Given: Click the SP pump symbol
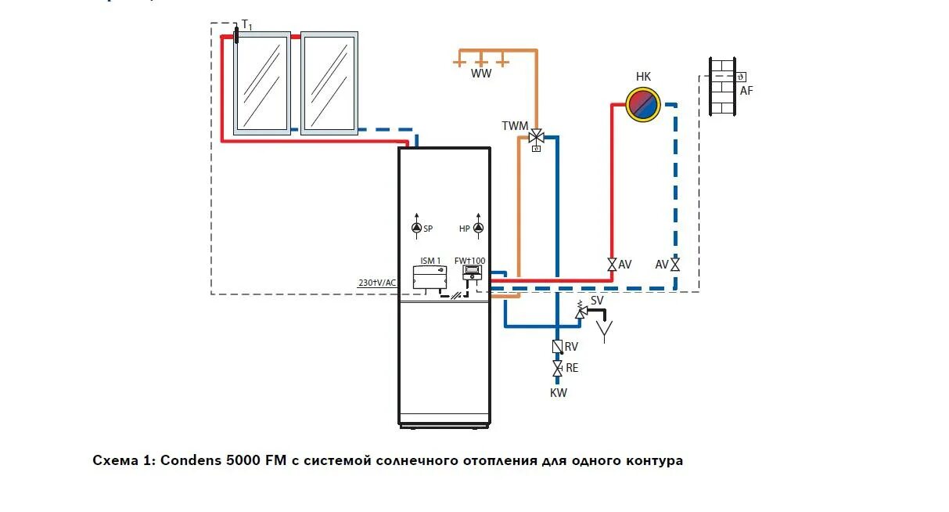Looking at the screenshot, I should click(416, 229).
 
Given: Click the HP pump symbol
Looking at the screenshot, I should click(478, 229).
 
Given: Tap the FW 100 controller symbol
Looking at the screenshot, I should click(473, 272).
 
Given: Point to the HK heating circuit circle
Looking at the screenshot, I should click(643, 103).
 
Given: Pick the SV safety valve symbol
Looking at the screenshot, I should click(581, 312).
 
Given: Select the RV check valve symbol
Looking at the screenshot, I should click(557, 346).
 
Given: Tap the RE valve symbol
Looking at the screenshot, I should click(557, 367).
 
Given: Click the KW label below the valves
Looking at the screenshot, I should click(558, 393).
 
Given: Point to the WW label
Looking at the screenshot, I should click(481, 74).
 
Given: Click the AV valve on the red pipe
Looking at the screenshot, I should click(612, 265).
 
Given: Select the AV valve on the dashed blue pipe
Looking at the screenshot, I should click(675, 265).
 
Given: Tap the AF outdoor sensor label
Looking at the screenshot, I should click(746, 91).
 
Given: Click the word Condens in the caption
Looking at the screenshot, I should click(187, 460).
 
